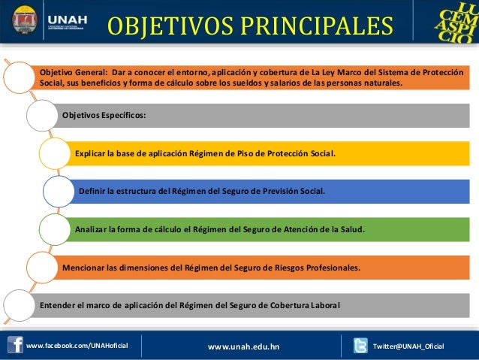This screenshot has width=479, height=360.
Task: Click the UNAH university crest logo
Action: coord(25,20)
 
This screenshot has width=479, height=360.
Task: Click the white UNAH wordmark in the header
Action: coord(68,20)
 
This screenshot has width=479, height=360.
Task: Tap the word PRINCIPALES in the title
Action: coord(317,26)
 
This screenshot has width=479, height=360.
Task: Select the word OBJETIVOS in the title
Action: coord(170,26)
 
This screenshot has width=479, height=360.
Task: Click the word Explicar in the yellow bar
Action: coord(90,153)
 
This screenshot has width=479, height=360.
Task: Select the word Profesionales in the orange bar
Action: coord(333,268)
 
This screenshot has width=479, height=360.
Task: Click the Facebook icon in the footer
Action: coord(15,345)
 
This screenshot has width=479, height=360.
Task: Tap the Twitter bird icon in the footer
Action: coord(360,346)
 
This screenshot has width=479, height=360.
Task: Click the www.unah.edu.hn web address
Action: coord(243,346)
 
